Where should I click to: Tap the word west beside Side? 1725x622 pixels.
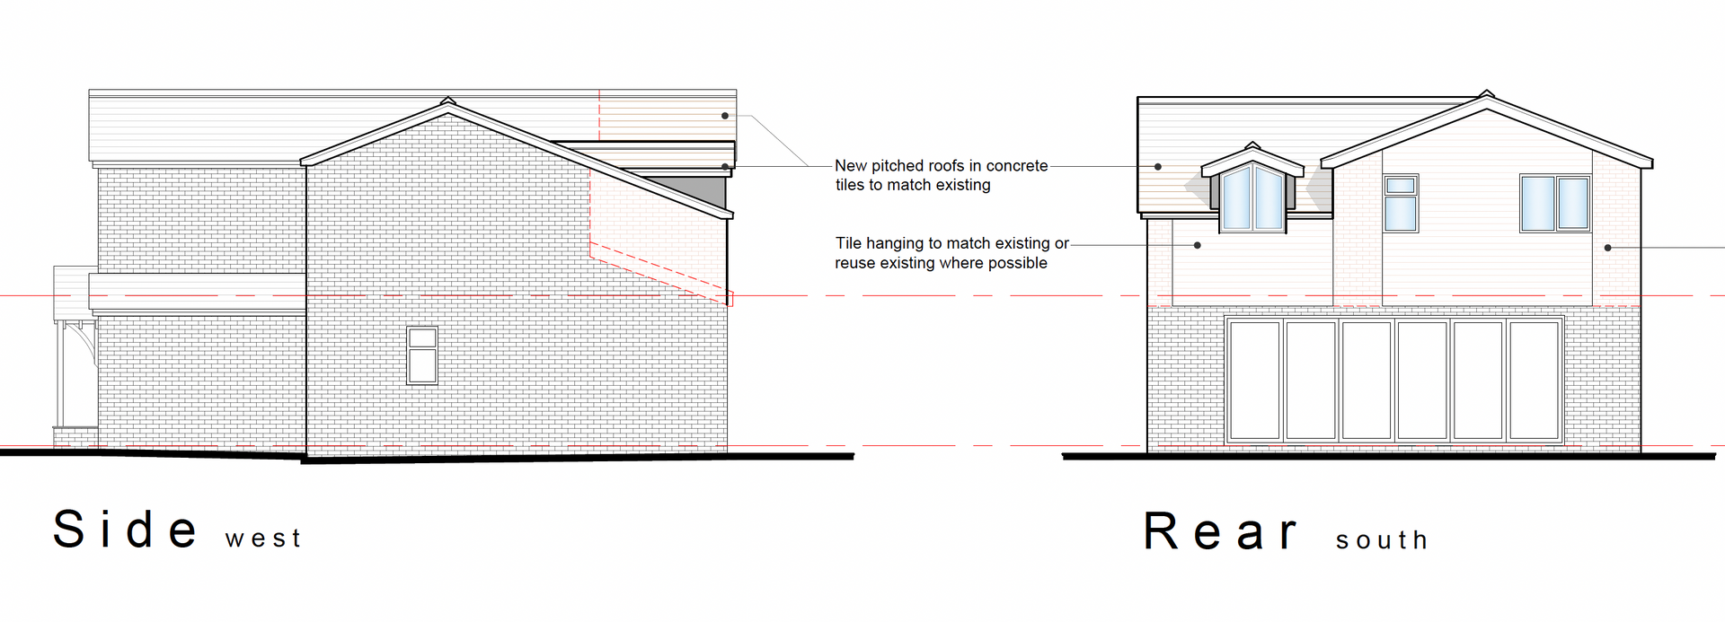click(x=262, y=539)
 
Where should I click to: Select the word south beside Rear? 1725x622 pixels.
click(x=1381, y=540)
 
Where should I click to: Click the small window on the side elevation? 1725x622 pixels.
click(x=421, y=355)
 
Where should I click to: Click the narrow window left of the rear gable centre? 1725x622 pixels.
click(x=1400, y=203)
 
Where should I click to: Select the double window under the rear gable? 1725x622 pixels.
click(x=1554, y=204)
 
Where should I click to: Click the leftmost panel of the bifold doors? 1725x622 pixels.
click(x=1254, y=380)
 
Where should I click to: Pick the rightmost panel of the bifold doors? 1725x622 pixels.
click(x=1534, y=380)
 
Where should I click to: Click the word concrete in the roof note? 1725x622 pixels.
click(x=1016, y=166)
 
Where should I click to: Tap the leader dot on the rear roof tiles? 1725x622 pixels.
click(x=1158, y=166)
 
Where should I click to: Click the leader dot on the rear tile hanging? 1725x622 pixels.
click(x=1198, y=244)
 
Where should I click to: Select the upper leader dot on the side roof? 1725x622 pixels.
click(x=725, y=116)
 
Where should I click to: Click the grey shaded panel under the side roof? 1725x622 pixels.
click(x=697, y=189)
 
